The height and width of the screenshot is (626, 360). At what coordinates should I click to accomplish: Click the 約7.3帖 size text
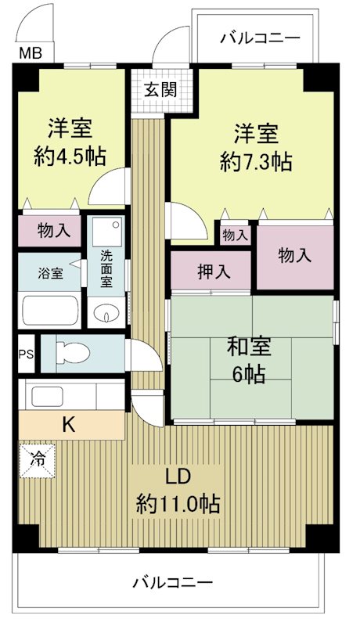tap(256, 162)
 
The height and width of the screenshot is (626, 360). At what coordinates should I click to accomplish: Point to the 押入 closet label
tap(213, 272)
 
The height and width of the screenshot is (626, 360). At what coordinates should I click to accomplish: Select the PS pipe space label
tap(26, 353)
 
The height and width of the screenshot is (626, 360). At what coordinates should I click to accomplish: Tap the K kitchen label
tap(69, 425)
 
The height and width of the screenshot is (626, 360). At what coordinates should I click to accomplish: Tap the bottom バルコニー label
tap(172, 583)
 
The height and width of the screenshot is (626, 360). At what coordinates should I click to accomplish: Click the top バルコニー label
tap(259, 38)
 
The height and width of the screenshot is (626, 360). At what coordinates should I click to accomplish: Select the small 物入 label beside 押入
tap(235, 235)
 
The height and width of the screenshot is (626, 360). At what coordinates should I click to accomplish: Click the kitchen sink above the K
tap(49, 396)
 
